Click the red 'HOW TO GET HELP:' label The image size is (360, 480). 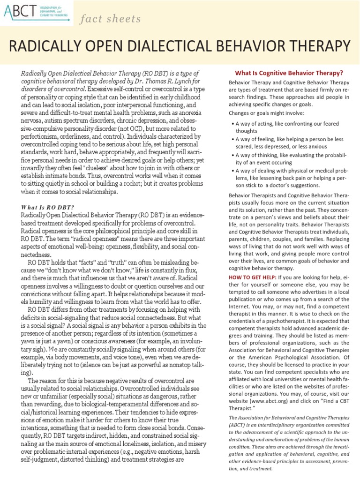point(253,277)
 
